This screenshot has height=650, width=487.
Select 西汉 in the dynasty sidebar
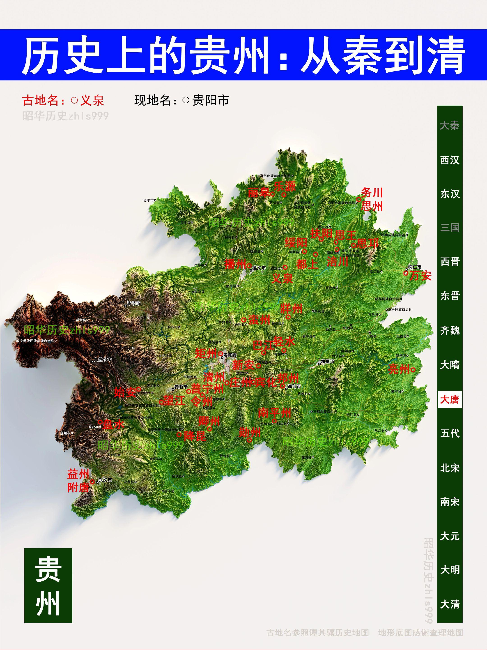tap(450, 160)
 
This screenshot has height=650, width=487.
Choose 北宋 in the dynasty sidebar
tap(450, 468)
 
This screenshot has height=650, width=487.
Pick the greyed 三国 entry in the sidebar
tap(450, 227)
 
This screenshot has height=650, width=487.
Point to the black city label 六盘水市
tap(103, 359)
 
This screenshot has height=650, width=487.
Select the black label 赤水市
tap(149, 200)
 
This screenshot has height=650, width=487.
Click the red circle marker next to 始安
tap(139, 389)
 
